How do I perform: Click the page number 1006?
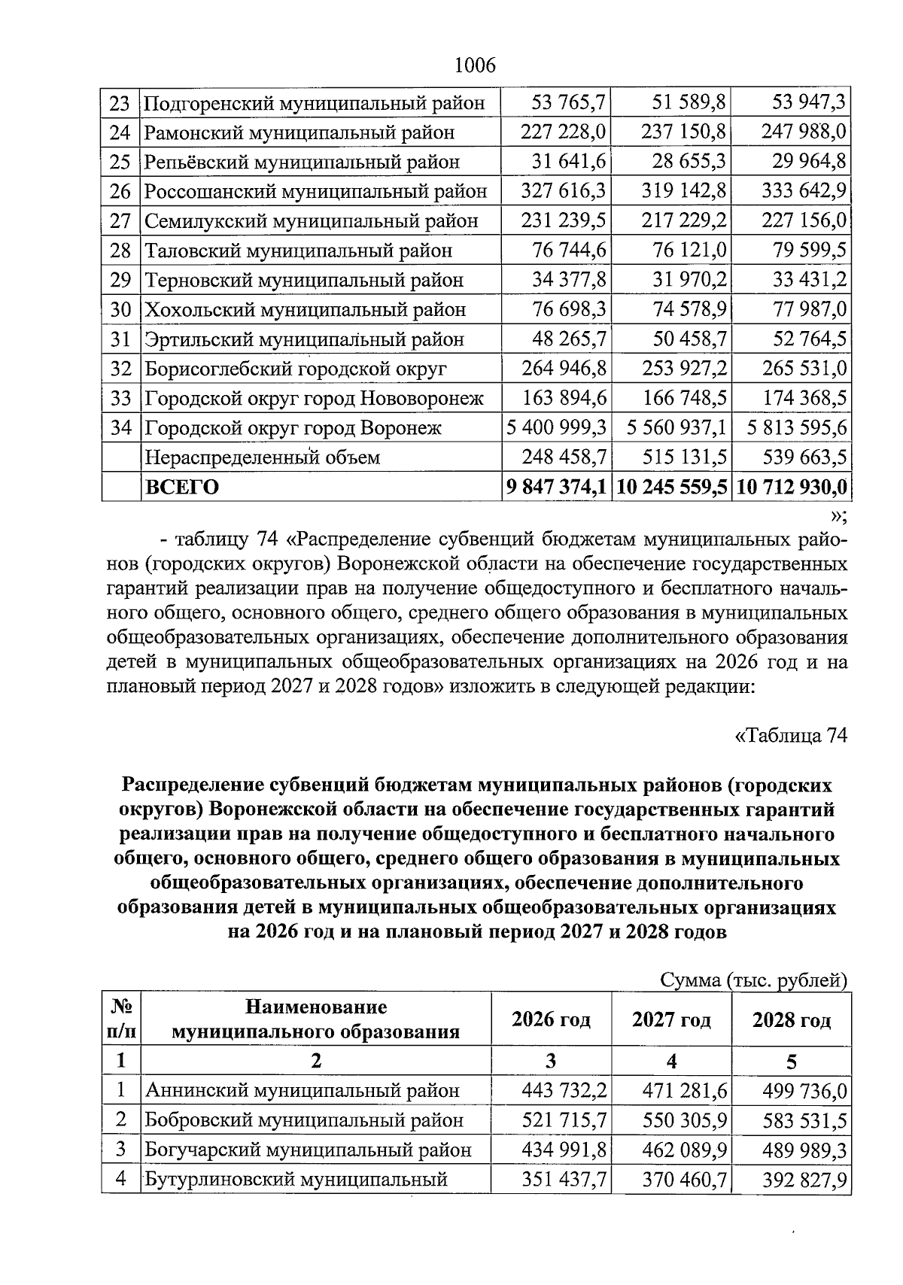(x=475, y=65)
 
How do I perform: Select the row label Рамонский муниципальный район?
(x=299, y=133)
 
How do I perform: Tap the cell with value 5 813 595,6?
(x=797, y=428)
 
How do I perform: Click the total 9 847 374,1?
(x=557, y=488)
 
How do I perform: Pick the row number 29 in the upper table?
(x=120, y=281)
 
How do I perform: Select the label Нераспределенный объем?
(x=262, y=457)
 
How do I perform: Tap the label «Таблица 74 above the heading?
(x=791, y=735)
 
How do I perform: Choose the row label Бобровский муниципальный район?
(x=303, y=1120)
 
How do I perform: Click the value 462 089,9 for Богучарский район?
(x=684, y=1150)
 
